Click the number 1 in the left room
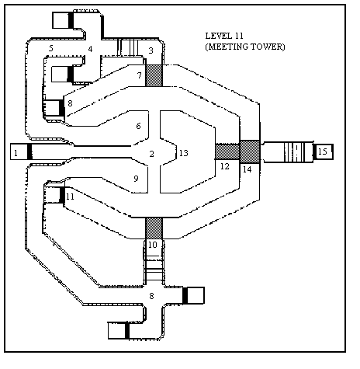point(16,153)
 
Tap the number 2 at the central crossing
point(152,154)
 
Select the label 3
point(151,50)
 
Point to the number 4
point(90,49)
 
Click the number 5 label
point(51,48)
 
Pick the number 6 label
point(139,126)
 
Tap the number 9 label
point(136,179)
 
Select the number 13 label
point(184,153)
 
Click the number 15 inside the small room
point(323,151)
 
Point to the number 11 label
point(70,197)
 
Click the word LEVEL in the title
point(216,36)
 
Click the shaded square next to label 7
point(154,75)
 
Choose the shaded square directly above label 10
point(154,228)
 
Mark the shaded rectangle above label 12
point(227,151)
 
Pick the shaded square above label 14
point(250,151)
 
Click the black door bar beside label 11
point(62,195)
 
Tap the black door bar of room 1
point(29,151)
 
